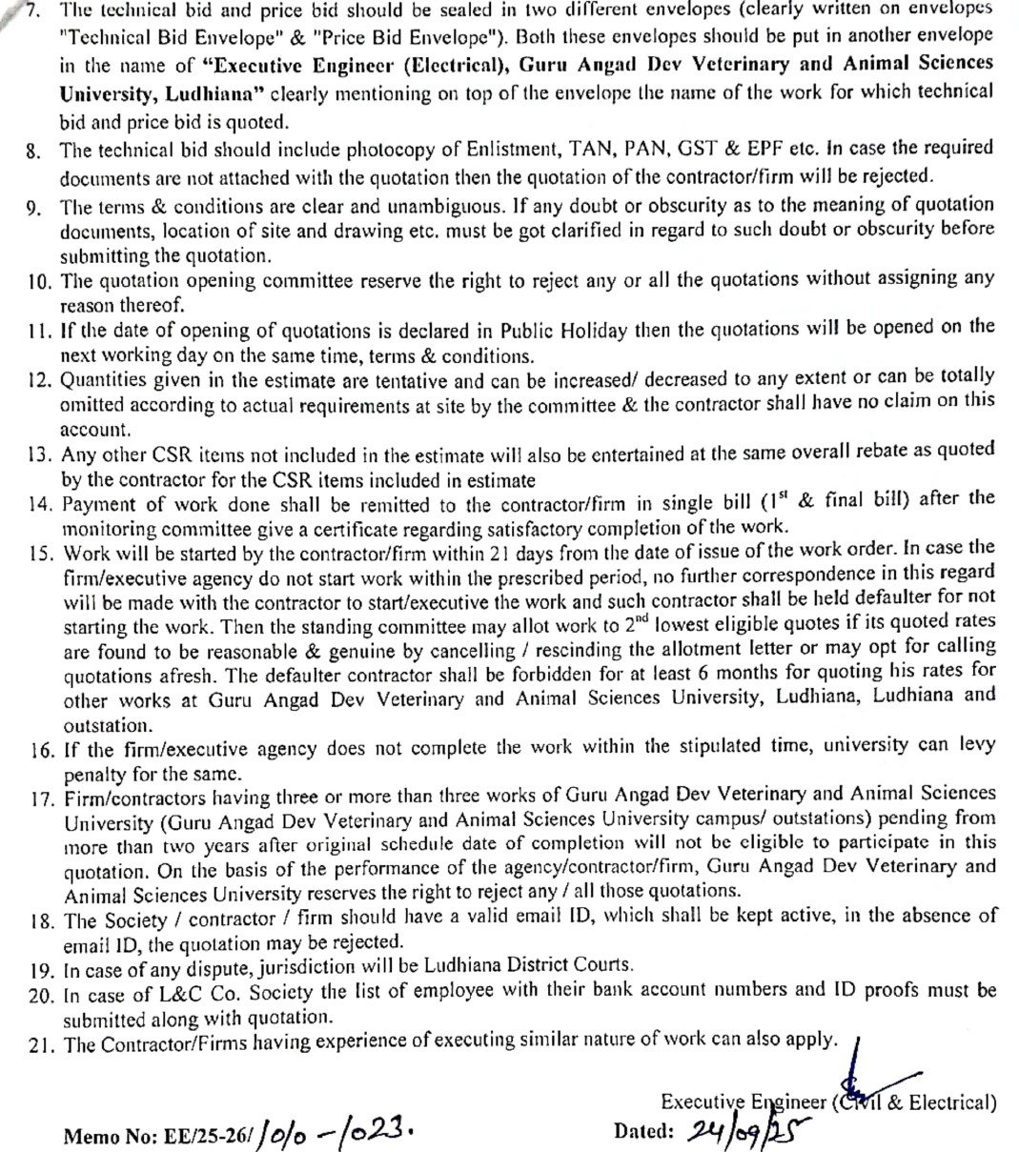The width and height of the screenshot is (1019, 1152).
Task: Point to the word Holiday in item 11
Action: [593, 331]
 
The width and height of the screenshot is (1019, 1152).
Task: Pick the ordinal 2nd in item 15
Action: [642, 624]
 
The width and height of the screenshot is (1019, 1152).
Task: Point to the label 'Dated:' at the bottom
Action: [644, 1132]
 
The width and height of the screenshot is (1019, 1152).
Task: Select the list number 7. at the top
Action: [33, 10]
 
